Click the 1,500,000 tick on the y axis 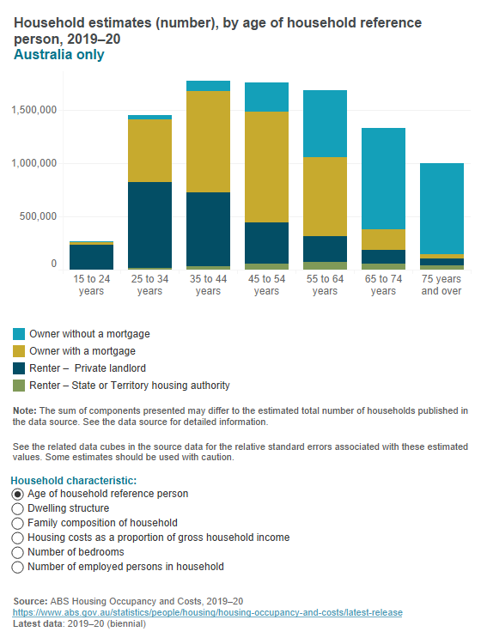click(31, 110)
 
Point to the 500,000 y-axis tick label click(35, 216)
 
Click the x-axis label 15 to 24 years click(91, 285)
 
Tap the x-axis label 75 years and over click(441, 285)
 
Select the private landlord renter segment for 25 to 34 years click(149, 225)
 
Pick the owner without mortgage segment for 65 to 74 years click(383, 179)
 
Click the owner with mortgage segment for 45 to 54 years click(266, 167)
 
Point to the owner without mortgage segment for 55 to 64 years click(325, 124)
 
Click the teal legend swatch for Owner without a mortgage click(18, 333)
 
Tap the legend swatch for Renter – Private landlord click(18, 368)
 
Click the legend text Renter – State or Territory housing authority click(130, 386)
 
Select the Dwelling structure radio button click(17, 508)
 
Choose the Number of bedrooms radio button click(17, 552)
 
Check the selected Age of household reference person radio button click(17, 494)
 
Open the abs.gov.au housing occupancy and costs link click(207, 612)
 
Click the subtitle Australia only click(59, 55)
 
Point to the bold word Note click(25, 411)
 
